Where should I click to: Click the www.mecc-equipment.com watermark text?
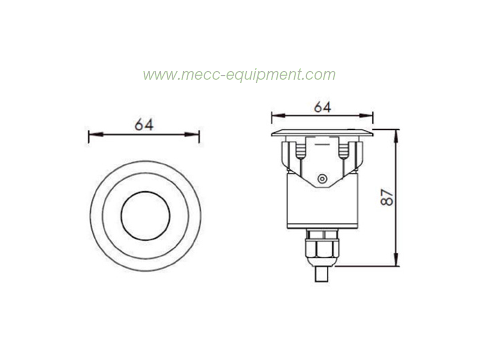pyautogui.click(x=239, y=75)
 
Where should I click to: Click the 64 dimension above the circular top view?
pyautogui.click(x=144, y=125)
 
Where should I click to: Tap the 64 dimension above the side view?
pyautogui.click(x=322, y=108)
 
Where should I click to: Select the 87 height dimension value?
pyautogui.click(x=387, y=197)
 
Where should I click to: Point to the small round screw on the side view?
pyautogui.click(x=322, y=179)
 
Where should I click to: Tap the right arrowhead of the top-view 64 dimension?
pyautogui.click(x=192, y=134)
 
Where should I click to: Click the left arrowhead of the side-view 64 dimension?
pyautogui.click(x=278, y=116)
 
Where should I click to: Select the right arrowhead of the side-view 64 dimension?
pyautogui.click(x=366, y=116)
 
